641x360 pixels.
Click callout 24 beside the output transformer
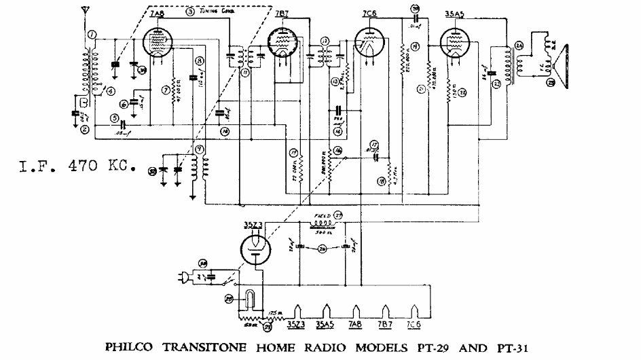point(519,46)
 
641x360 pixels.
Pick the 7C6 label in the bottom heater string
point(414,323)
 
